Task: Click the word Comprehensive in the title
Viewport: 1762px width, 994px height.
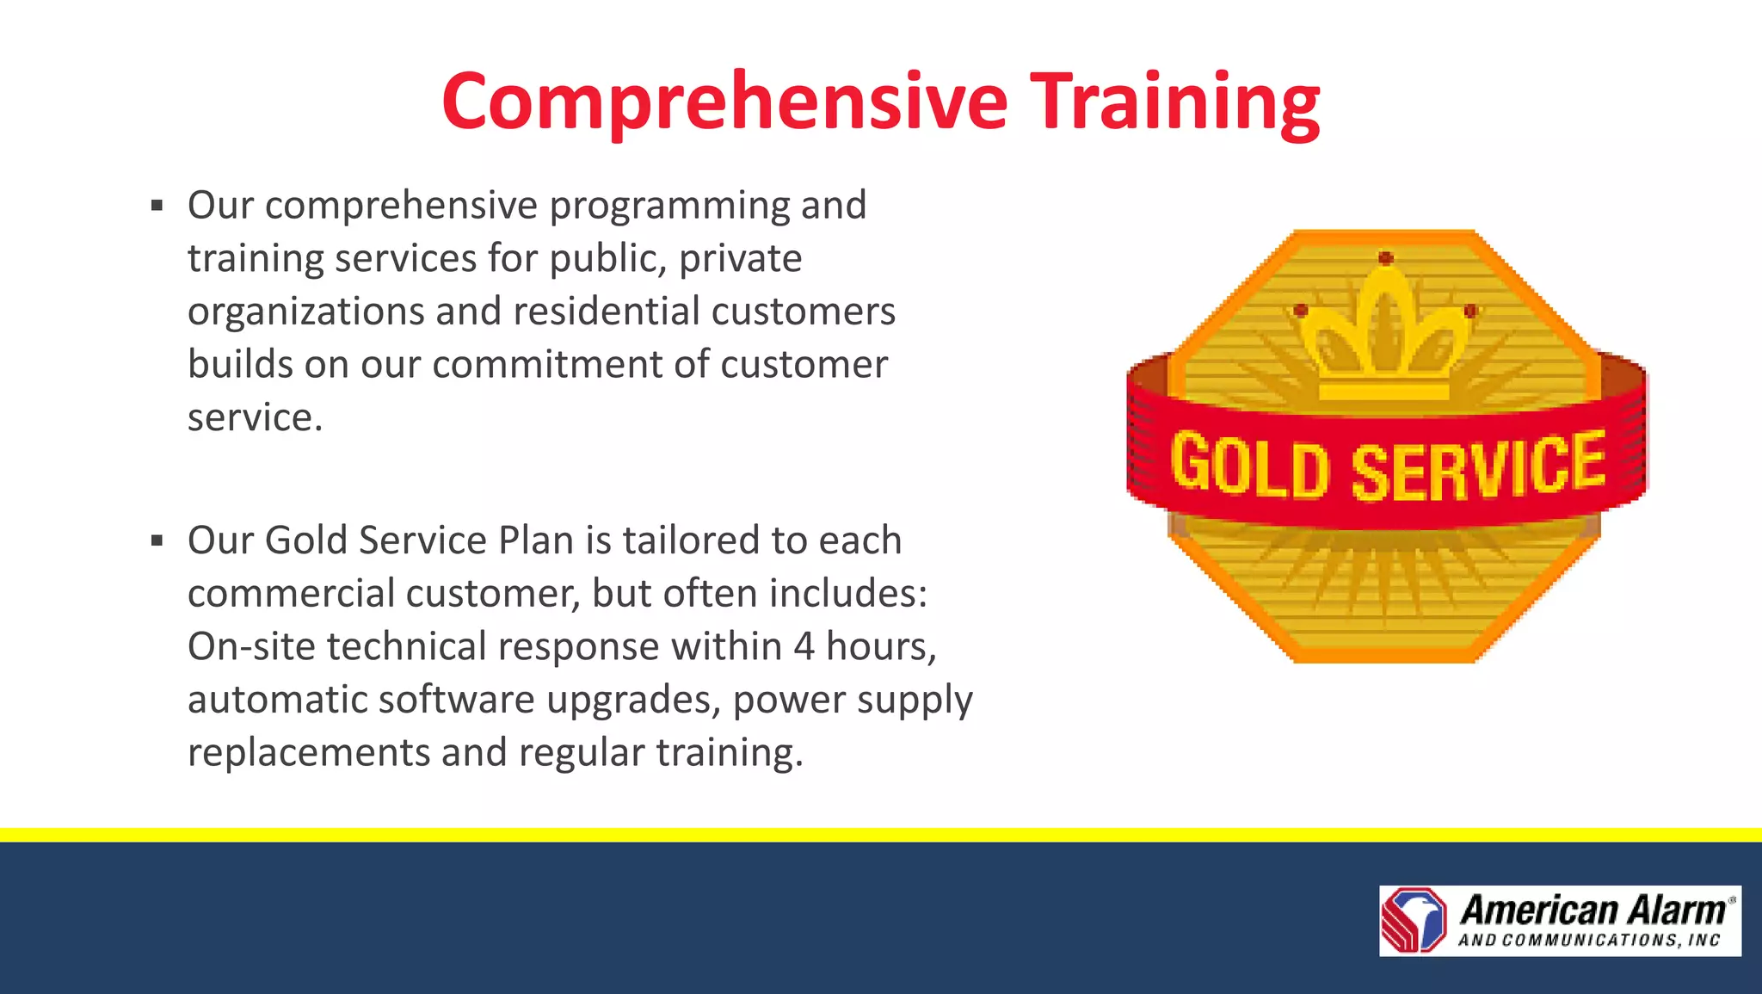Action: (x=724, y=102)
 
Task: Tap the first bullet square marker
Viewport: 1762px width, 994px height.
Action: (x=157, y=206)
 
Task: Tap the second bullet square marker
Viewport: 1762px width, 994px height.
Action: (x=157, y=540)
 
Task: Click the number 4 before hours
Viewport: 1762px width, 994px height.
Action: (x=804, y=646)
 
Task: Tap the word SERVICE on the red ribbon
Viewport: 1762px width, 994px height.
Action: (x=1477, y=466)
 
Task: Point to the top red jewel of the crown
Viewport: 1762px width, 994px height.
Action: (x=1385, y=257)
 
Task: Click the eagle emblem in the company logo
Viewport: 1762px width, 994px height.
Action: (x=1414, y=920)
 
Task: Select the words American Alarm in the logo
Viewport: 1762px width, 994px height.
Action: (x=1593, y=909)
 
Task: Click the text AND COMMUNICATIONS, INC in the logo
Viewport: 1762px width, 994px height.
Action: (x=1588, y=941)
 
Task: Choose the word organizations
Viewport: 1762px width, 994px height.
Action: (x=305, y=312)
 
